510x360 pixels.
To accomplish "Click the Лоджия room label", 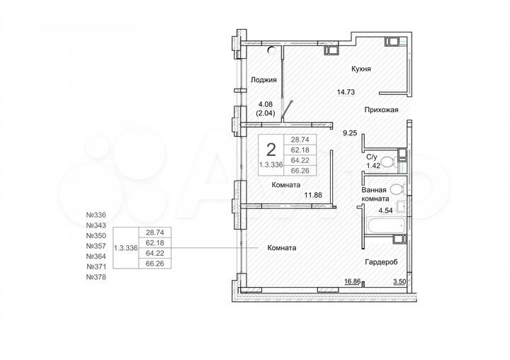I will click(263, 80).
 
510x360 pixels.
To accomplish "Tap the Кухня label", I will click(361, 69).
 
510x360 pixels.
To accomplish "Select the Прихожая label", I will click(381, 110).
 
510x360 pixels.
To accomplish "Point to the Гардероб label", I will click(381, 261).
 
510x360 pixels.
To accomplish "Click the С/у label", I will click(371, 157).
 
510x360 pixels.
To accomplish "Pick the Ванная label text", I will click(373, 190).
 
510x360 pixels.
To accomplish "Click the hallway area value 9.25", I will click(349, 132).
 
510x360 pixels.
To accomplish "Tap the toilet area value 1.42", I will click(373, 166).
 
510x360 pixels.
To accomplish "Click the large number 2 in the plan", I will click(271, 150).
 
